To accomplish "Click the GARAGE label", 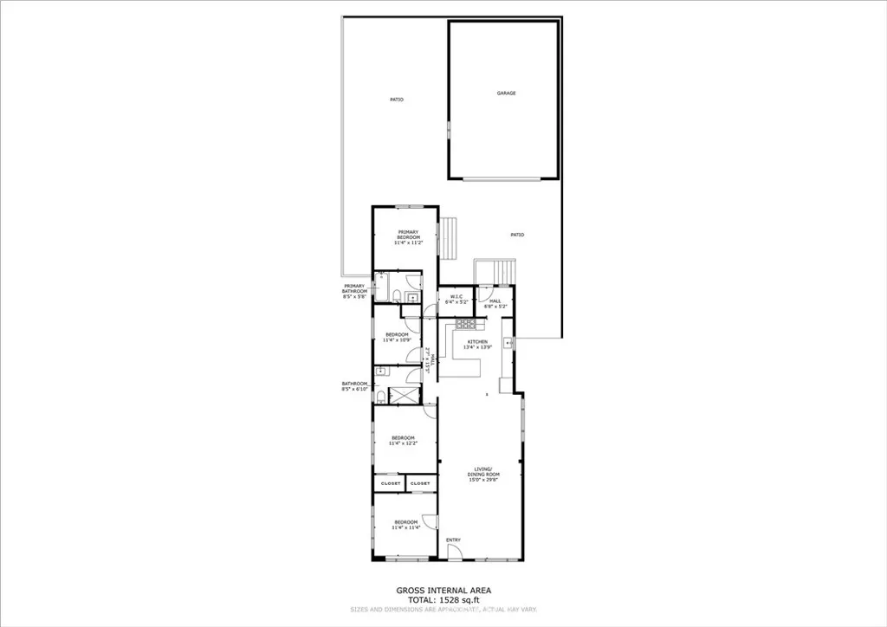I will [x=506, y=93].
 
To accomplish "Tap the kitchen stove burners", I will [x=466, y=325].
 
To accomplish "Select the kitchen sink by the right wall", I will [x=511, y=343].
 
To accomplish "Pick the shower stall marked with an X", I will [x=402, y=396].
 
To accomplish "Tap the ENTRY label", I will [x=453, y=540].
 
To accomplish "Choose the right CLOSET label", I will [x=419, y=483].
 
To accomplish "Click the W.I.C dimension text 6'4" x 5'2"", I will [x=456, y=302].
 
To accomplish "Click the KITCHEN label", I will [x=477, y=342].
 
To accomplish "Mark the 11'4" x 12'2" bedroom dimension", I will [x=405, y=443].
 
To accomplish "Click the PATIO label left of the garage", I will [x=396, y=100].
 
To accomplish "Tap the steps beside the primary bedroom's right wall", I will [x=448, y=238].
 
